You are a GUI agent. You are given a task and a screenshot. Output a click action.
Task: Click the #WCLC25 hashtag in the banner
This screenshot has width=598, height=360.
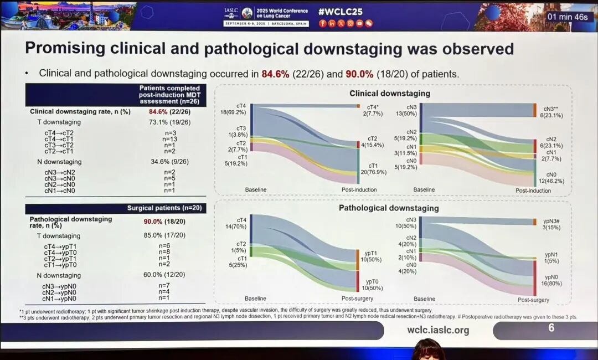[341, 12]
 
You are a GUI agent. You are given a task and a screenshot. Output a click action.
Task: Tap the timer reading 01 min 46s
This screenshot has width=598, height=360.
[568, 17]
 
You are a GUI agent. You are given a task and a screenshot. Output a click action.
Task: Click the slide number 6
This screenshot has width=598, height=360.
[551, 328]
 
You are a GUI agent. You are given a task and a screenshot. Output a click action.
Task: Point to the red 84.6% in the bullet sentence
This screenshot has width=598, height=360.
[276, 74]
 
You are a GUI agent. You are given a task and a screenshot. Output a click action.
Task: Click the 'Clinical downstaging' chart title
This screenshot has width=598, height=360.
[390, 93]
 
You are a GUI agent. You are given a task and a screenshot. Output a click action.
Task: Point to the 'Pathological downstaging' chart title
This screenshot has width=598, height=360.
[389, 208]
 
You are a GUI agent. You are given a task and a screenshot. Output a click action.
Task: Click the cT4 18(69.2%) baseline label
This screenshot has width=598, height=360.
[234, 109]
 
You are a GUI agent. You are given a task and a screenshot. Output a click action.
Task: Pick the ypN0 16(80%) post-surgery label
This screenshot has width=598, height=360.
[551, 280]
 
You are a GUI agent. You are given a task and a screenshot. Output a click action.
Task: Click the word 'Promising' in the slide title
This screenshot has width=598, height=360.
[65, 49]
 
